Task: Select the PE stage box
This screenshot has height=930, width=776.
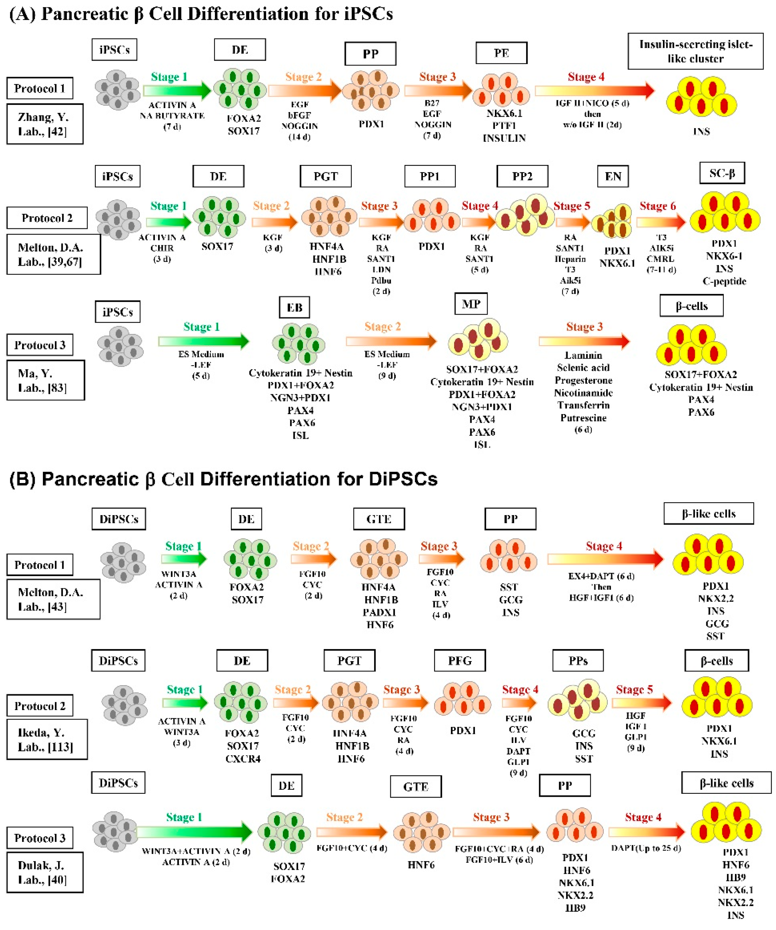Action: [501, 53]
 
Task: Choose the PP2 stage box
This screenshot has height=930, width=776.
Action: [522, 176]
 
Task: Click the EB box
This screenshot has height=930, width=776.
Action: [294, 307]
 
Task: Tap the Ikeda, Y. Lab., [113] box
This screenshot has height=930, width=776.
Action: [47, 740]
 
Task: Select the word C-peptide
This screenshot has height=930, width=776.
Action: [724, 281]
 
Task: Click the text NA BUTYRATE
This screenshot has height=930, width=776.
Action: [172, 115]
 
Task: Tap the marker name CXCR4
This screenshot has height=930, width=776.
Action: [243, 759]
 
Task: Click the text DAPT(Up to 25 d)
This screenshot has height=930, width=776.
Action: [646, 848]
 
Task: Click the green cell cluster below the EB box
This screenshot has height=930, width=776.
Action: [299, 343]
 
